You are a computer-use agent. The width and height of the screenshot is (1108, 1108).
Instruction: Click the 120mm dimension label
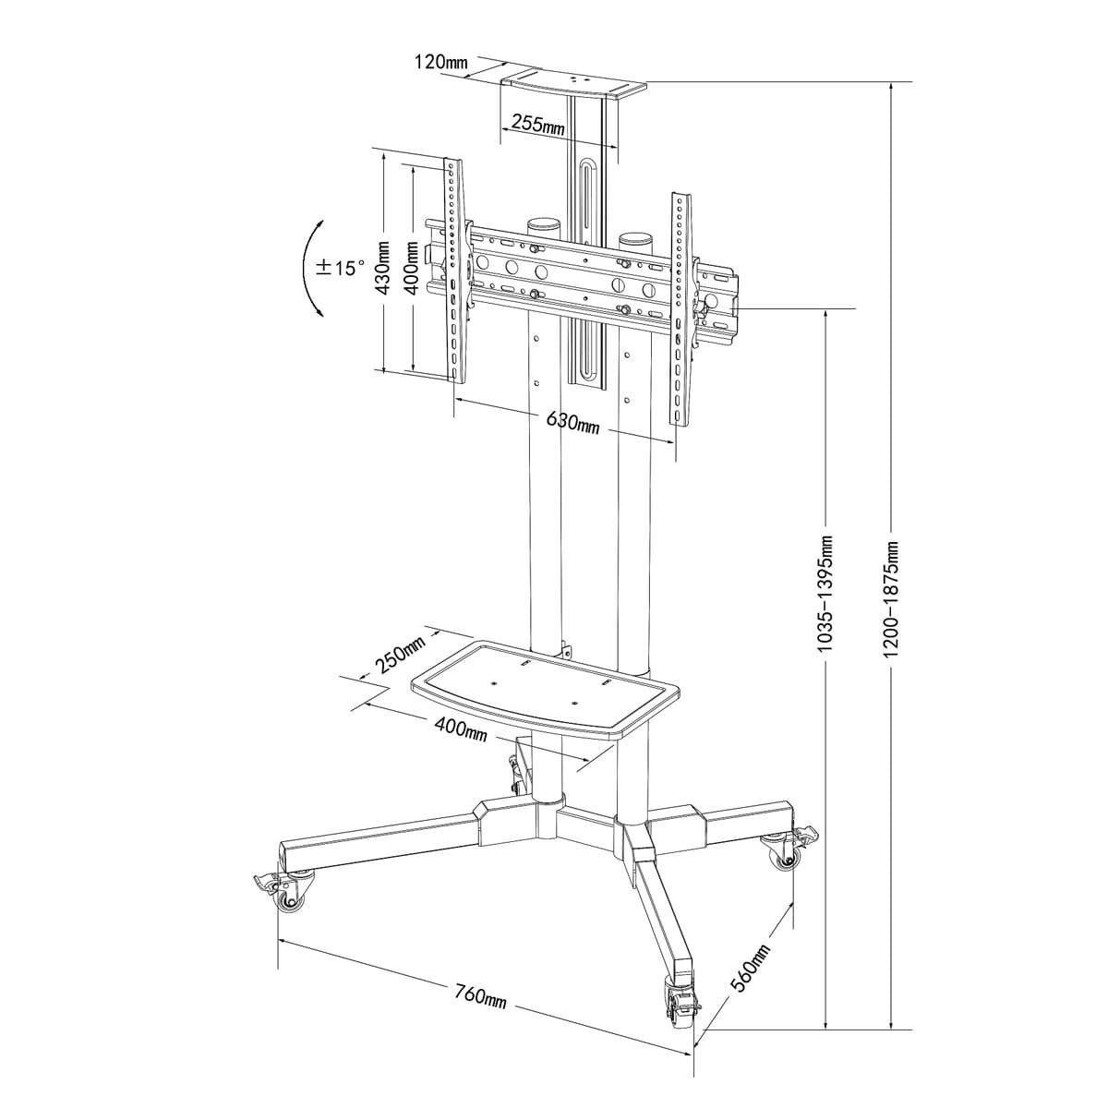[441, 61]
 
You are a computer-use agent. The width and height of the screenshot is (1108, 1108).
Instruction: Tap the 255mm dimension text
[538, 124]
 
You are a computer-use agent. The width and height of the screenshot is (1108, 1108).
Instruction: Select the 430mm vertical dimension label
[383, 268]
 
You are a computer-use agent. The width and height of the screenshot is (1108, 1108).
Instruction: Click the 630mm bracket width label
[572, 423]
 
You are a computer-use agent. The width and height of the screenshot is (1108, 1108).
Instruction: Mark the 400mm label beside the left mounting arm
[413, 268]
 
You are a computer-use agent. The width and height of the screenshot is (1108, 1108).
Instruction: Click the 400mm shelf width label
[460, 729]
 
